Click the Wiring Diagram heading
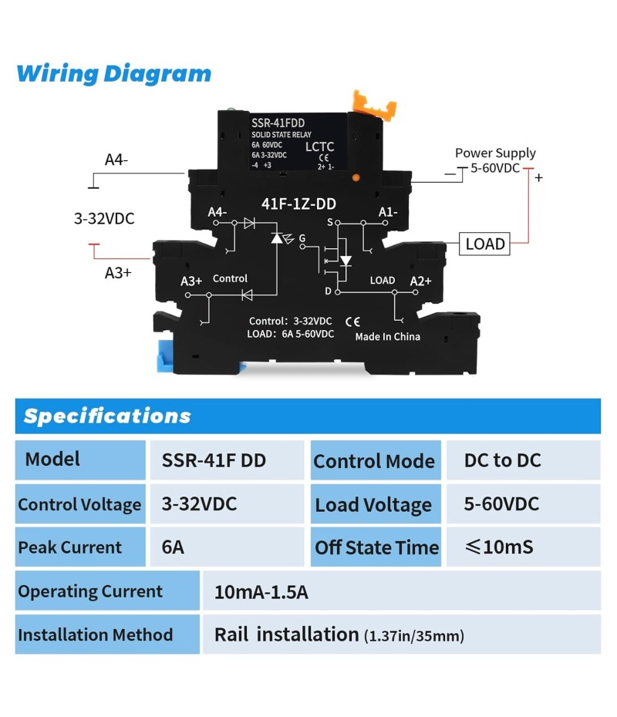113,74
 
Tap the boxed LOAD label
485,244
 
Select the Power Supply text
494,153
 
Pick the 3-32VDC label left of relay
104,219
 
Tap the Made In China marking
387,337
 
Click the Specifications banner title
107,416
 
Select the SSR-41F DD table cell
214,460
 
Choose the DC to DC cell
502,460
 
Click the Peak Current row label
70,547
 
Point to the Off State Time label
376,547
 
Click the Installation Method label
95,635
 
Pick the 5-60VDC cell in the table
501,504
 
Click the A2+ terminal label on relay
420,281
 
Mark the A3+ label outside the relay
118,272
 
